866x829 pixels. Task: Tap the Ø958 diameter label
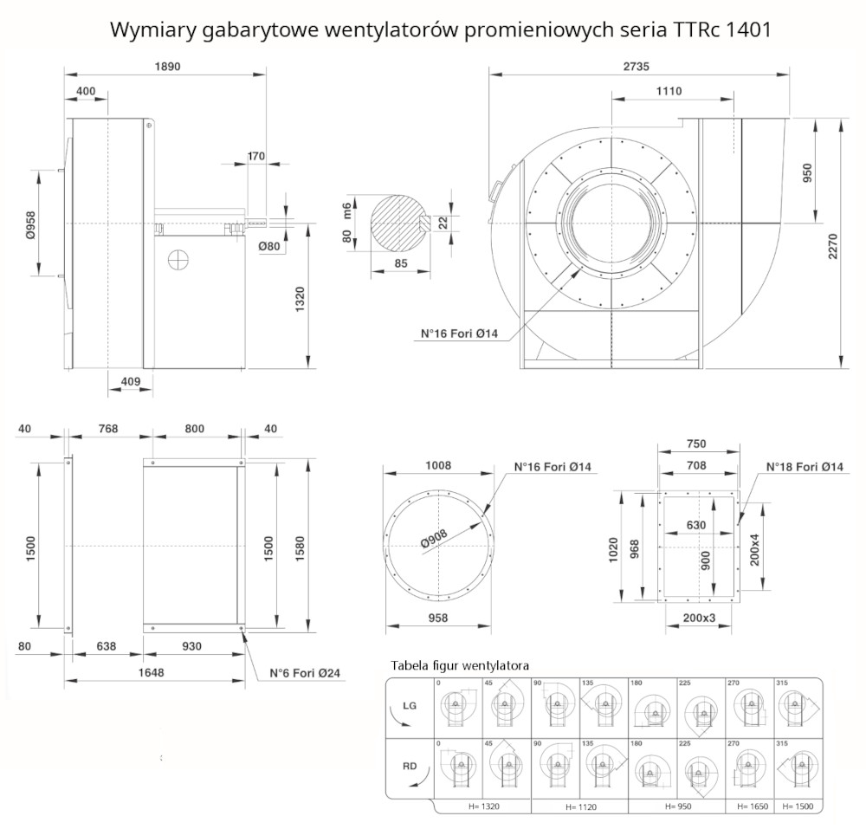tap(29, 224)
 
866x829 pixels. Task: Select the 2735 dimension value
tap(636, 67)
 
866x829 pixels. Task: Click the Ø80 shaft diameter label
tap(269, 247)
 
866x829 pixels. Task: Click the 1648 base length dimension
tap(152, 671)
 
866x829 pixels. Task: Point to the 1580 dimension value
tap(300, 546)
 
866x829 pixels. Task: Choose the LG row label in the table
tap(410, 706)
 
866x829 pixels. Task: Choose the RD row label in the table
tap(410, 767)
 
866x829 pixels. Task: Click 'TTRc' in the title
tap(693, 29)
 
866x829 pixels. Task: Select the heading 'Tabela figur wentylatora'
tap(460, 665)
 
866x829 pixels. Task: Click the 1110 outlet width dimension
tap(668, 91)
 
